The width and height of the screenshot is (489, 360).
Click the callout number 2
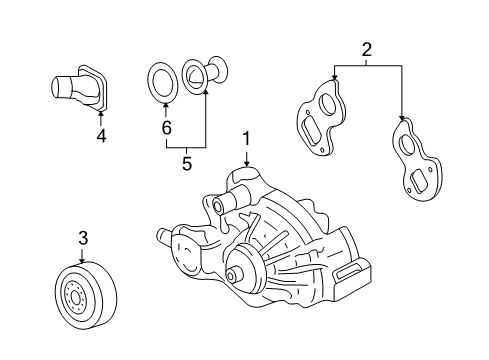[x=366, y=48]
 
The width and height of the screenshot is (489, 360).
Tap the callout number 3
[x=84, y=237]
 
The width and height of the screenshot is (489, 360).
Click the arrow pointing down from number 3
[x=84, y=258]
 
